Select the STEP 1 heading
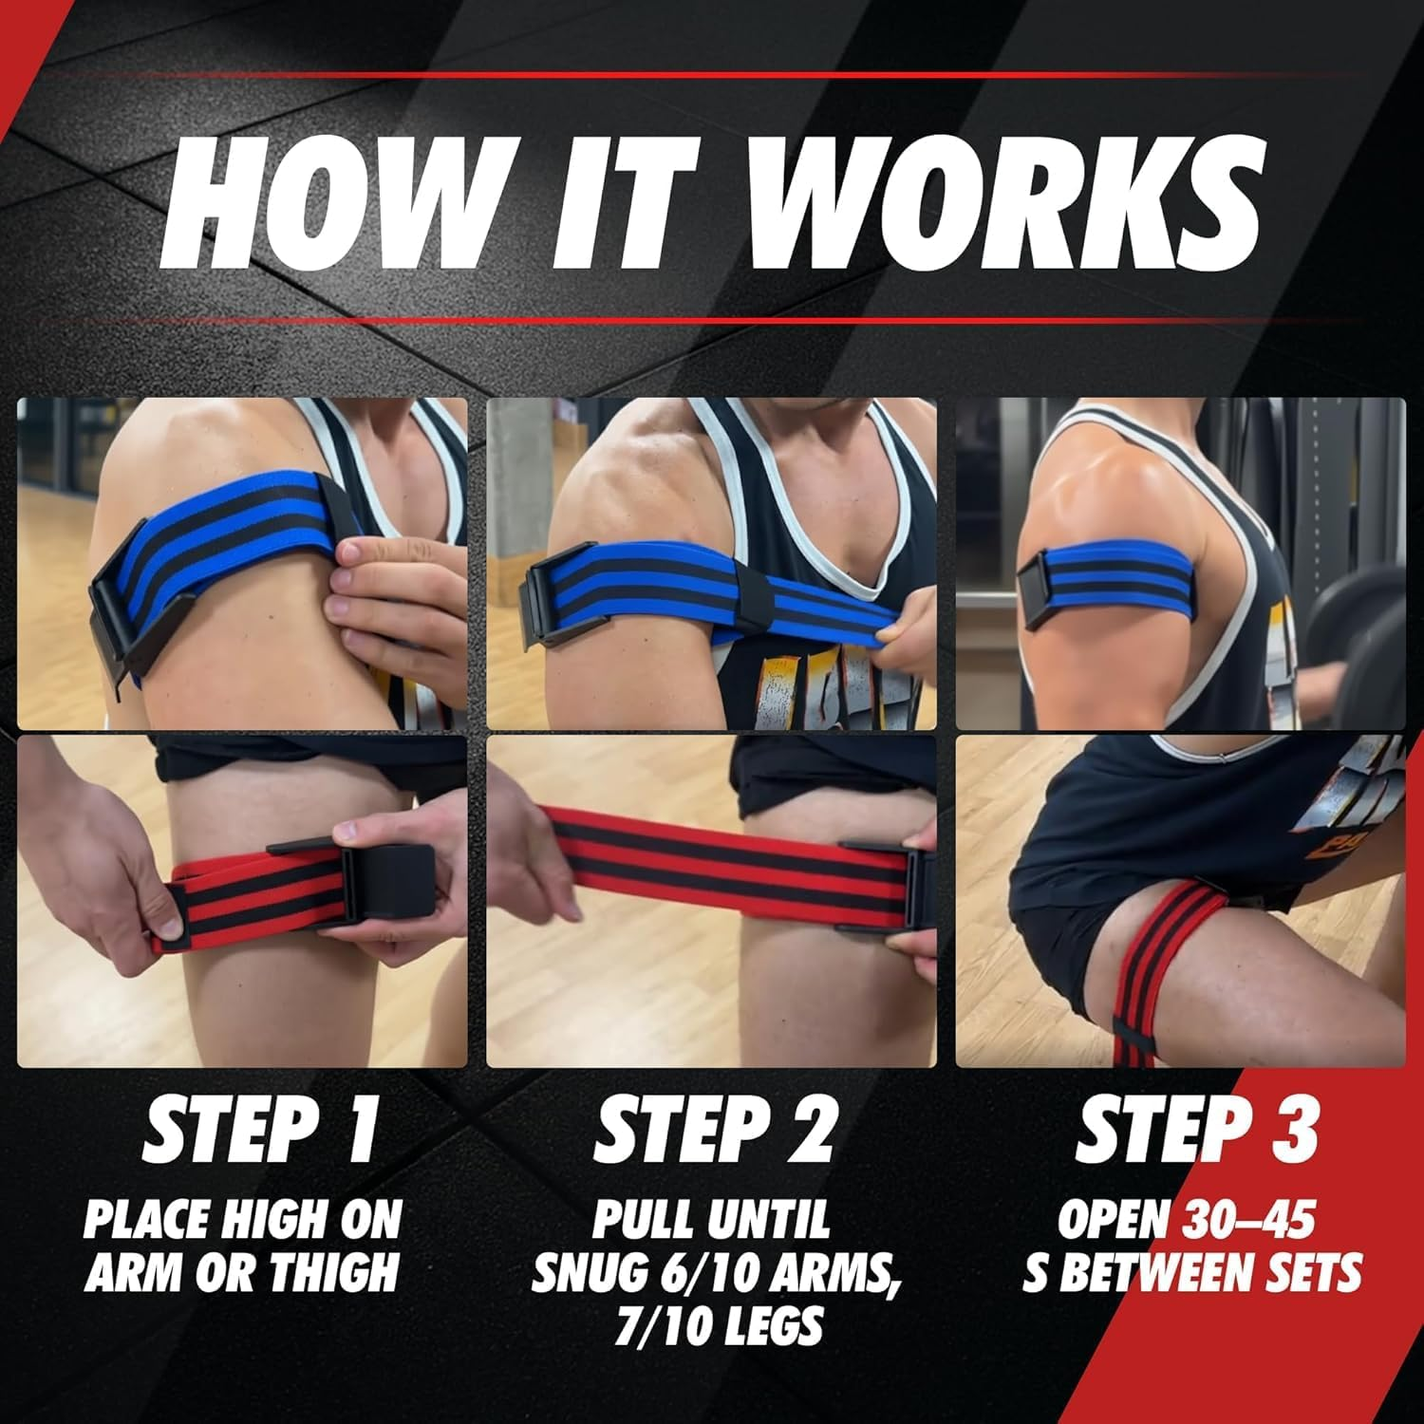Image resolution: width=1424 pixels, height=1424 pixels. pyautogui.click(x=260, y=1131)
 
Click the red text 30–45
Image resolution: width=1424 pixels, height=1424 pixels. pyautogui.click(x=1248, y=1219)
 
